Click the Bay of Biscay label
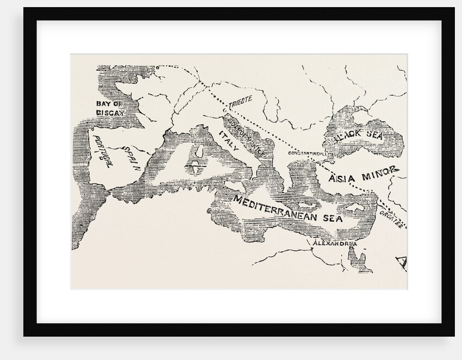(110, 108)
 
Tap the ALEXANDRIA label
(333, 244)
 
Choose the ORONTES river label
(393, 222)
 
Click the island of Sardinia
(194, 169)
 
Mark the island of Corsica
(198, 150)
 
